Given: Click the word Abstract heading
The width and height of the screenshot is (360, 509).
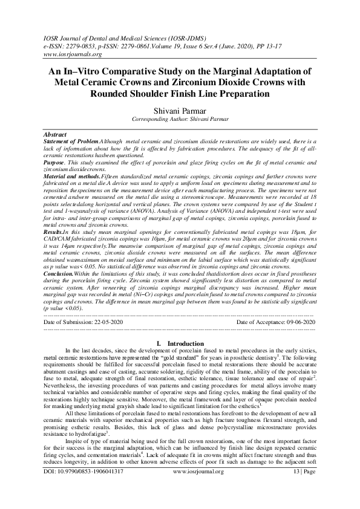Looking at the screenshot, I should point(56,132).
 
